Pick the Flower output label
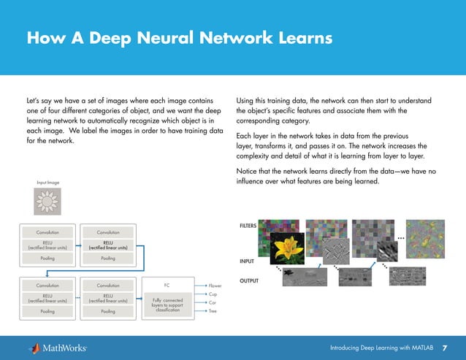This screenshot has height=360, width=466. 215,285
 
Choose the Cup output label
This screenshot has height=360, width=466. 213,294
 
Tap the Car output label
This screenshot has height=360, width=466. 212,302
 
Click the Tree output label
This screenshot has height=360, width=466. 213,311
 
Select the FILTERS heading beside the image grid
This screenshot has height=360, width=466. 248,226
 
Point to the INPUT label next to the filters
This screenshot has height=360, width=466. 248,261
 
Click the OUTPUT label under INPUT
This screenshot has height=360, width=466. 250,280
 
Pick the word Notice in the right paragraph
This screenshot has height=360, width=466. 250,171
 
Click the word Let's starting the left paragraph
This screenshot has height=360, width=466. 34,99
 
